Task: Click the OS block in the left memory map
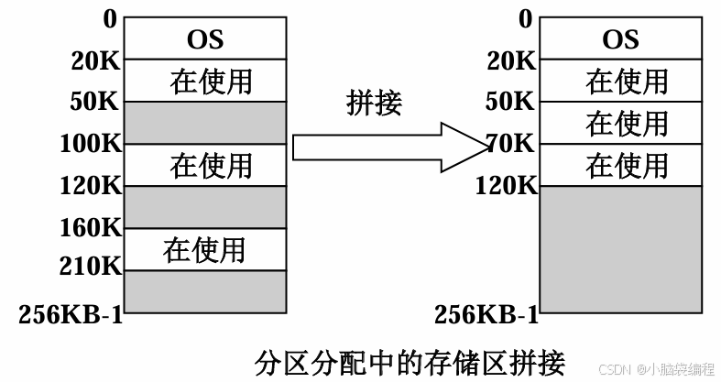click(x=204, y=39)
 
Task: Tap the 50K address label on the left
click(x=96, y=103)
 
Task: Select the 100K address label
click(x=89, y=144)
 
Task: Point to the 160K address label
click(x=89, y=226)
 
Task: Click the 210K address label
click(x=89, y=267)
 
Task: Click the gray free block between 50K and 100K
click(x=204, y=123)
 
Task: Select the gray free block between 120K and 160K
click(x=204, y=206)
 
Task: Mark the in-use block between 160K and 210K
click(x=204, y=248)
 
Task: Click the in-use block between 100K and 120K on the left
click(x=204, y=165)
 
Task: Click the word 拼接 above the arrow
click(x=375, y=102)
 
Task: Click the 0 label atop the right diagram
click(x=526, y=18)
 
